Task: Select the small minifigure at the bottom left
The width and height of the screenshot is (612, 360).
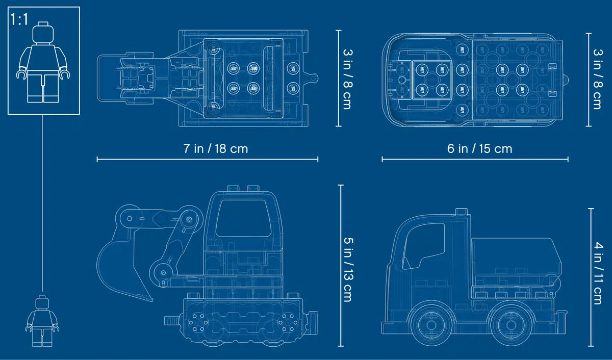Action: (42, 321)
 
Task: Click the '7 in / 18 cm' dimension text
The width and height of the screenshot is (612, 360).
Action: (216, 149)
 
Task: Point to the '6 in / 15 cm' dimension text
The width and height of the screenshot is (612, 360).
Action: (479, 149)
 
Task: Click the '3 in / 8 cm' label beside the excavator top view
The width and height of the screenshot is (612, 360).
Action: (347, 79)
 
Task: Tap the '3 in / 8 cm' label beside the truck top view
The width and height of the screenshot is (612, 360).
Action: (597, 79)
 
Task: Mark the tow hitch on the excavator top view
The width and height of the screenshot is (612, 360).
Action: (312, 78)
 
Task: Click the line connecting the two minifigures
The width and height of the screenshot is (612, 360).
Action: (42, 204)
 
